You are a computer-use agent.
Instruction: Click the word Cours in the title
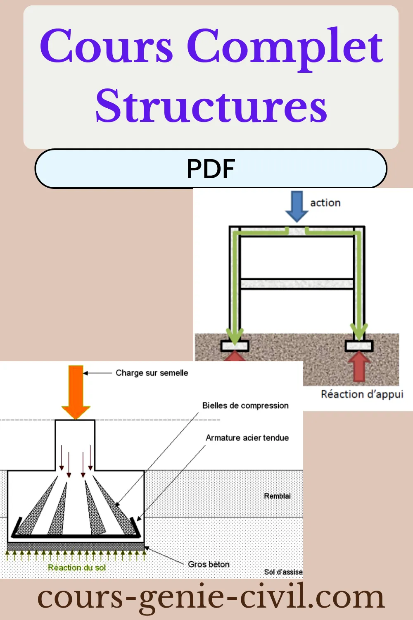(107, 46)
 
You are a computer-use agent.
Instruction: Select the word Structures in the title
(211, 106)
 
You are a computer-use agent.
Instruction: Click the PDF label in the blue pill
(211, 169)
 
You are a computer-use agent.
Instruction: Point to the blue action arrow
(297, 205)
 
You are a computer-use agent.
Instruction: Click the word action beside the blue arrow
(325, 203)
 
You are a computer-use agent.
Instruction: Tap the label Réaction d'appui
(362, 394)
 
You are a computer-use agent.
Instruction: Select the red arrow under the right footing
(359, 366)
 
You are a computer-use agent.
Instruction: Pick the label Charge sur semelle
(152, 373)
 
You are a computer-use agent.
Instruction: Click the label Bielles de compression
(245, 405)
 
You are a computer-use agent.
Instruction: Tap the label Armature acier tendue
(247, 438)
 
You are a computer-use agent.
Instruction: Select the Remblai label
(277, 496)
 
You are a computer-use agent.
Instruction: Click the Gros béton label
(209, 564)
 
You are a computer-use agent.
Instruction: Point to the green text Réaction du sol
(77, 568)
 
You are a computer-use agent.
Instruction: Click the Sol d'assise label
(283, 572)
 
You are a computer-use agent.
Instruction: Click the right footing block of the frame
(359, 346)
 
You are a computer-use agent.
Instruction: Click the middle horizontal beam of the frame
(297, 284)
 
